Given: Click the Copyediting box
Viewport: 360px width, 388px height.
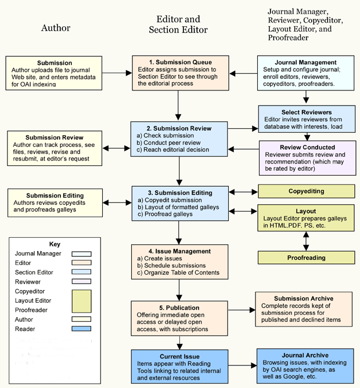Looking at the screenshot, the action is tap(306, 191).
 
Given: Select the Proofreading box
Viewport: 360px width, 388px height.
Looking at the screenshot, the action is tap(306, 258).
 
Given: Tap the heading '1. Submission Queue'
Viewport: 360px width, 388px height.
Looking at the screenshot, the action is tap(181, 62).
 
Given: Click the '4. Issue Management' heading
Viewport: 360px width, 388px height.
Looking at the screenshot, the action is tap(179, 251).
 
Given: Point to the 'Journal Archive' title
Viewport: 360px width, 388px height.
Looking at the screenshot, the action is tap(305, 356).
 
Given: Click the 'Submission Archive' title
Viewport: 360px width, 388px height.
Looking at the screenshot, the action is tap(304, 299).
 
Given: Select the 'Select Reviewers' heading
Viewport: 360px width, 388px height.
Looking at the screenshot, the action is tap(307, 113).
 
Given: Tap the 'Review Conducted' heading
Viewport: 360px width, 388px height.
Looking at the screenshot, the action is tap(307, 147).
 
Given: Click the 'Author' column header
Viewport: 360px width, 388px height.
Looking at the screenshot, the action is tap(56, 28).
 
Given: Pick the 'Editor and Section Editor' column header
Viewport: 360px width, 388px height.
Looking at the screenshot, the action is tap(178, 24).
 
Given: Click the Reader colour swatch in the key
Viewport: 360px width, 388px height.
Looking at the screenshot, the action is tap(81, 329).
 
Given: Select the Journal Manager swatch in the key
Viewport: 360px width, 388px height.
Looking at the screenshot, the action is tap(81, 254).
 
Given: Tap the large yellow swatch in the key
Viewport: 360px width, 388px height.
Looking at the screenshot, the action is tap(81, 301).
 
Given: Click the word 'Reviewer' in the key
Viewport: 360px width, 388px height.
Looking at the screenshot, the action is tap(27, 282).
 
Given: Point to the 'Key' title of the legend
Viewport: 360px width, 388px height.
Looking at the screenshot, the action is tap(55, 244).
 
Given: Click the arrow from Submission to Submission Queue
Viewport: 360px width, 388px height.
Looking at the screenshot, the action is tap(117, 73).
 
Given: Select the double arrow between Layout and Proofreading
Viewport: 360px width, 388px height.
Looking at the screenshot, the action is tap(306, 241).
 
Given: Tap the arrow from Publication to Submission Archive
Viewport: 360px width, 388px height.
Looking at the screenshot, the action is tap(242, 310).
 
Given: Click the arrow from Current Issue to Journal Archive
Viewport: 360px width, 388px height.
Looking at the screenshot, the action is tap(242, 365).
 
